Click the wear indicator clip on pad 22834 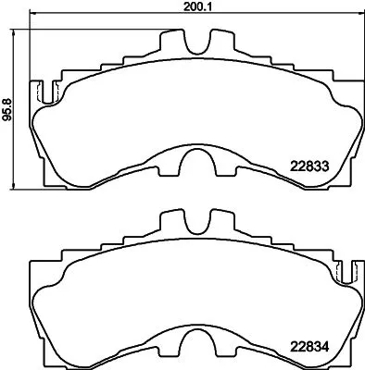[348, 271]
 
